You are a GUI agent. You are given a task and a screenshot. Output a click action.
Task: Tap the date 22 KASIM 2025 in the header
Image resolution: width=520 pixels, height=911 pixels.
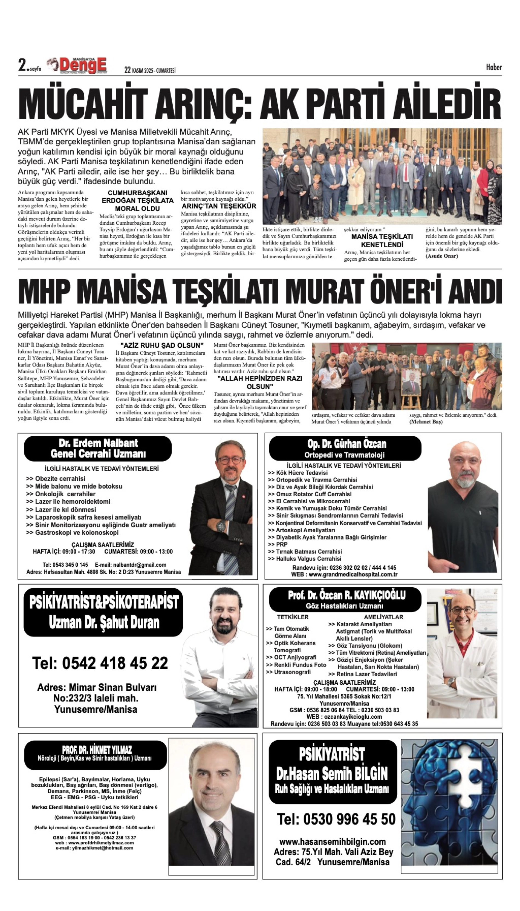tap(150, 70)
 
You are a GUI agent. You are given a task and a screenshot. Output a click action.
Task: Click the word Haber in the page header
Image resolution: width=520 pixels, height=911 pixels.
tap(493, 67)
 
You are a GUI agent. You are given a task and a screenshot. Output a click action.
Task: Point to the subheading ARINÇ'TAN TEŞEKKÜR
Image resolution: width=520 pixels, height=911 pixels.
tap(219, 206)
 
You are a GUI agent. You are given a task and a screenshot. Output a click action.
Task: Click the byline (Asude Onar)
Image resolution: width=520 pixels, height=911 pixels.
tap(441, 256)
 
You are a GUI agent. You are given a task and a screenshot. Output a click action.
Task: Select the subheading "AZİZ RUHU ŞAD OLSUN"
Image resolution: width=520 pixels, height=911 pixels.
tap(162, 345)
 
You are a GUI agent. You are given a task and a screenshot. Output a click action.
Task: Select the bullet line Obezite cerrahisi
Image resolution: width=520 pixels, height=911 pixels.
tap(60, 479)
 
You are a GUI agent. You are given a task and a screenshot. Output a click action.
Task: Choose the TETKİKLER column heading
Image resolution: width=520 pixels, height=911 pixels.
tap(293, 617)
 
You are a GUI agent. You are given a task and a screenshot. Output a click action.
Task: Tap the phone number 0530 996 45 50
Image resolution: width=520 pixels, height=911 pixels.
tap(336, 819)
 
